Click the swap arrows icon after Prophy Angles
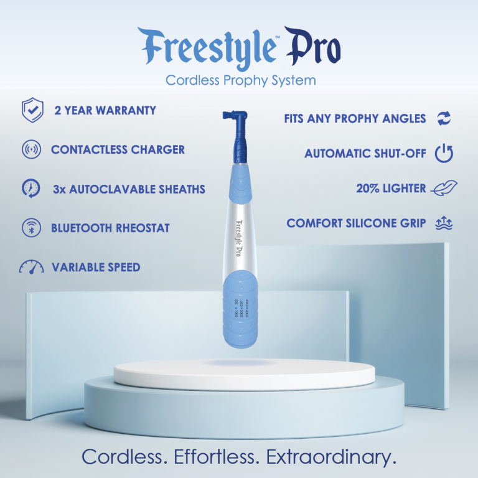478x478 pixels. point(444,118)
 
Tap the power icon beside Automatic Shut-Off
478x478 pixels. point(444,153)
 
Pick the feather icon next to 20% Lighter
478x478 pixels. point(444,189)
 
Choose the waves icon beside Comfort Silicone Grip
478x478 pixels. point(444,223)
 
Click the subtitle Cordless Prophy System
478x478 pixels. point(240,80)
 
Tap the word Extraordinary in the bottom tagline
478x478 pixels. point(331,457)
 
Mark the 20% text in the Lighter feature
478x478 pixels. point(367,189)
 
